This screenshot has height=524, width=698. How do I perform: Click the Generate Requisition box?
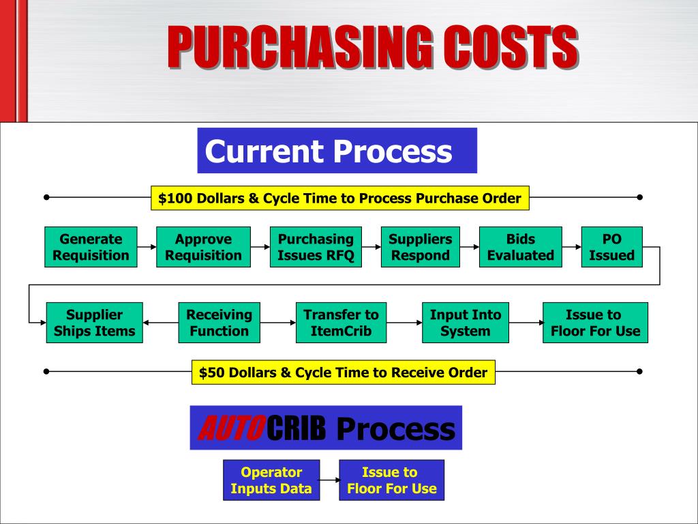point(91,247)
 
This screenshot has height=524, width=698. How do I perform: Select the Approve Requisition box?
point(203,247)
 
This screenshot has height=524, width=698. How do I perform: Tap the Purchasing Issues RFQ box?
point(316,247)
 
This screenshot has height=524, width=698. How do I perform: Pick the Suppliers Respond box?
point(420,247)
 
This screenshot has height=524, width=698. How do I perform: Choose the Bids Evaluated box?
point(521,247)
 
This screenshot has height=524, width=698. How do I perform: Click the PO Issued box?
point(611,247)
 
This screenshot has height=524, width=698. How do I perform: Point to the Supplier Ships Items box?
point(94,323)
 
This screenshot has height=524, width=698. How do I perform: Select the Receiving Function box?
point(219,323)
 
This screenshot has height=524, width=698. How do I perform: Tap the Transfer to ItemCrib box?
point(341,323)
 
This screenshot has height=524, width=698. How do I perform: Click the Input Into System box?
point(465,323)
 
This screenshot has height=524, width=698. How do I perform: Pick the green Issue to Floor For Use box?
point(595,323)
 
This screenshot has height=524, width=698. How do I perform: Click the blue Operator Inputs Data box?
point(271,480)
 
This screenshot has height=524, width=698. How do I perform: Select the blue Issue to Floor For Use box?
point(391,480)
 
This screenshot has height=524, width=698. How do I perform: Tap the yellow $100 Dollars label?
point(339,199)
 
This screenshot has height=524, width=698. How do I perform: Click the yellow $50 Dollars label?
point(343,373)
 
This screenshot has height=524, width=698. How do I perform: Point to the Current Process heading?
point(337,151)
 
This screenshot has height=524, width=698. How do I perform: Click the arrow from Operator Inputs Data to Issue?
point(329,480)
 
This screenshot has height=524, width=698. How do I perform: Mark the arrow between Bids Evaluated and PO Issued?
point(572,247)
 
